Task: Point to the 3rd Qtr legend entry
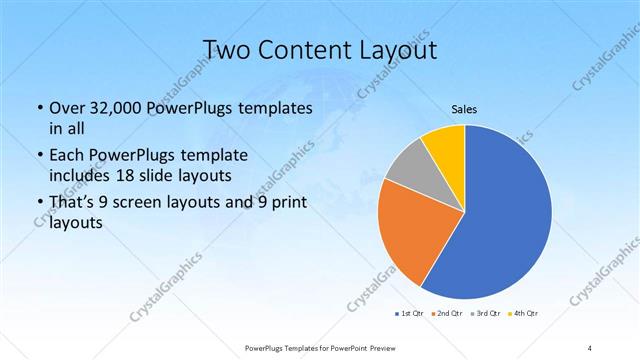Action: (486, 315)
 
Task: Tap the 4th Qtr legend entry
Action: (524, 315)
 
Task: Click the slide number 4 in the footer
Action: (590, 347)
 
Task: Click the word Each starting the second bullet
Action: (68, 156)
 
